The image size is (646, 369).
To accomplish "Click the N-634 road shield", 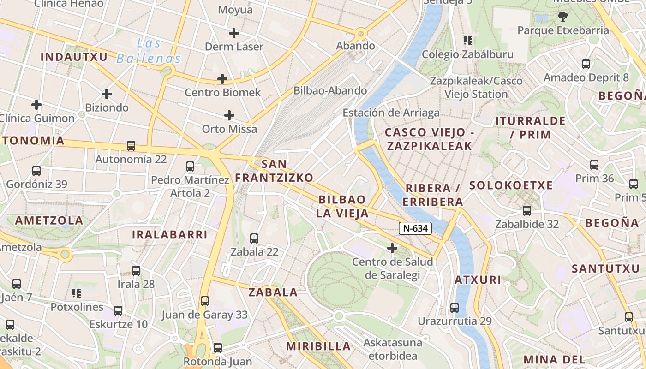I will [415, 228].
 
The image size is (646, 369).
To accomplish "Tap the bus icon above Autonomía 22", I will [131, 146].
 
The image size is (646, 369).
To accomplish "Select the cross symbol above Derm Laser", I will [234, 33].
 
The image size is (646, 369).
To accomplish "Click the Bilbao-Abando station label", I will [330, 90].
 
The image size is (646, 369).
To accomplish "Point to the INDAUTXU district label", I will [74, 57].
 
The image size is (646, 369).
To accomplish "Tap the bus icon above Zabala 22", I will [254, 238].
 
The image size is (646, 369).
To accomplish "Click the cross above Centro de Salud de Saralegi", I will [392, 249].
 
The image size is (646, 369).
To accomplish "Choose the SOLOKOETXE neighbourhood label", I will [511, 185].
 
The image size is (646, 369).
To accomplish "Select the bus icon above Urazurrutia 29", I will [455, 308].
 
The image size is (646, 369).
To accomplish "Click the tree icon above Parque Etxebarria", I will [562, 17].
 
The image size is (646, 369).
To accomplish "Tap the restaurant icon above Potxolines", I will [77, 293].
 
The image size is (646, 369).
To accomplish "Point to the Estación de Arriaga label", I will [391, 113].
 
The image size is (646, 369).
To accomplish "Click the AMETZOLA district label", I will [49, 220].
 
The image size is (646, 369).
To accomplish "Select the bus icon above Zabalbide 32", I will [527, 211].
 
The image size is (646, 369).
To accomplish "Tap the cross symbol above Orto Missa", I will [229, 115].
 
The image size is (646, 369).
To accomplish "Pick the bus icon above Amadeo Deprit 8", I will [586, 64].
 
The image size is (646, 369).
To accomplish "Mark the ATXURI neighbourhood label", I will [478, 280].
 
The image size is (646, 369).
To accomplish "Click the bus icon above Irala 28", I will [136, 271].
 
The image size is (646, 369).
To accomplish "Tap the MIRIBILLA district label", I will [318, 346].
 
